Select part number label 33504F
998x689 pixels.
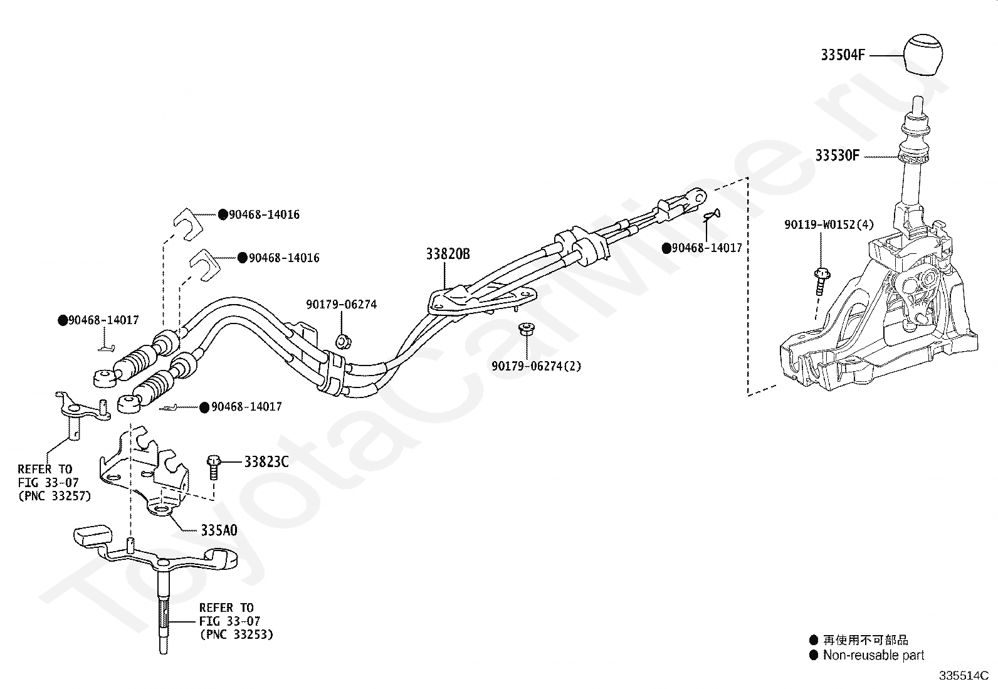[843, 55]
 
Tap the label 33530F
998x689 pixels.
[837, 155]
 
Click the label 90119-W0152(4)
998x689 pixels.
[829, 224]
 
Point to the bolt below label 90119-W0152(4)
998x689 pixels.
[821, 281]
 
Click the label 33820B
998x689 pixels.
[448, 254]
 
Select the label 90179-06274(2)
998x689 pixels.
[537, 366]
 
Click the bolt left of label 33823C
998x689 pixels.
[214, 466]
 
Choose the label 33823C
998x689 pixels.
[266, 461]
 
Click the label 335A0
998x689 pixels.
[219, 530]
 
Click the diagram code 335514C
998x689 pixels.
[964, 675]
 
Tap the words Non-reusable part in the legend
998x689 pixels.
[873, 655]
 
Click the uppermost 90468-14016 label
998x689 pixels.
[264, 215]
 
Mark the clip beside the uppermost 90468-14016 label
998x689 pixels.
[188, 224]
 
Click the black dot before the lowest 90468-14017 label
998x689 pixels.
[204, 408]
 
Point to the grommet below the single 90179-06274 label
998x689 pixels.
[343, 342]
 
